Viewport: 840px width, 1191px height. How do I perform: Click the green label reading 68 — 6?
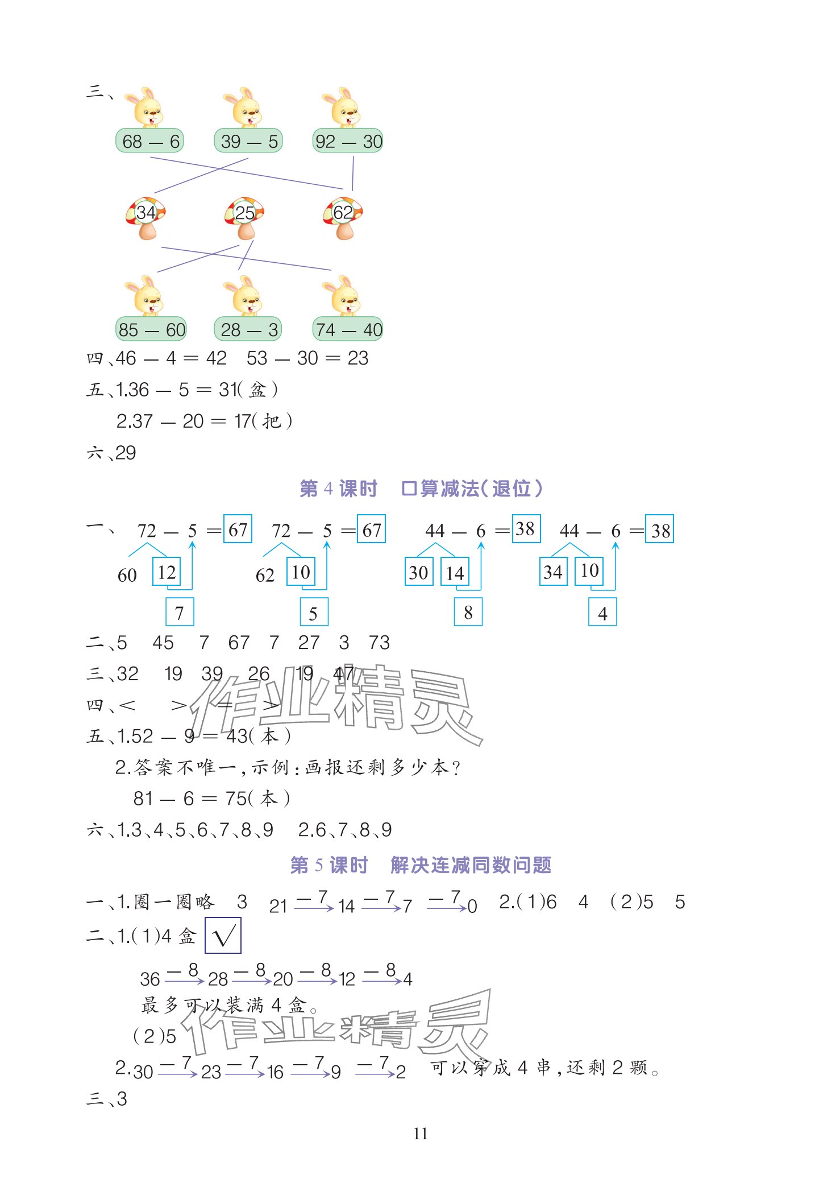pos(150,141)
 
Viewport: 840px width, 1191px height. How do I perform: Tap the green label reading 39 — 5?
pos(248,141)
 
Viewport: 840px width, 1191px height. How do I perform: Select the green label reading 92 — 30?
pos(348,141)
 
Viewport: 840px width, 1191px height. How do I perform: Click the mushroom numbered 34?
pos(146,217)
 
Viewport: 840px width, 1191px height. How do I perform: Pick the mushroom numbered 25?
pos(245,217)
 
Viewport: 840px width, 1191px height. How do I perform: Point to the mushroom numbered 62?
pos(343,217)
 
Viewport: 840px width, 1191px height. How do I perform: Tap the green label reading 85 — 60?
pos(151,329)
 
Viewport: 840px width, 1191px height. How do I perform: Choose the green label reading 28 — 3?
pos(248,329)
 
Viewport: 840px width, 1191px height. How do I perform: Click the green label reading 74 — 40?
pos(348,329)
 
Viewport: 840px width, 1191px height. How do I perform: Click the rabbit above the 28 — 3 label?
pos(246,296)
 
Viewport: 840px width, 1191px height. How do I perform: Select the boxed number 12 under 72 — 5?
pos(167,572)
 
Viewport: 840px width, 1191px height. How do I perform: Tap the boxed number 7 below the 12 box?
pos(180,613)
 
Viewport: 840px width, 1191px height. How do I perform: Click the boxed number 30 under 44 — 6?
pos(419,572)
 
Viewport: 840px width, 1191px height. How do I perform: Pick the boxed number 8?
pos(468,613)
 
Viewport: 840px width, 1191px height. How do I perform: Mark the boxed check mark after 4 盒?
pos(223,936)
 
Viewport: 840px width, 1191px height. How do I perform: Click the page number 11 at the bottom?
pos(421,1134)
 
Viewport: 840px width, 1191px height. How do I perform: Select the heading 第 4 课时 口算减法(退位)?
pos(421,489)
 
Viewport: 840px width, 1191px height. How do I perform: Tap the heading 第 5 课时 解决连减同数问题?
pos(421,865)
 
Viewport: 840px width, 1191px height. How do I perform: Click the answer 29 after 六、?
pos(126,453)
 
